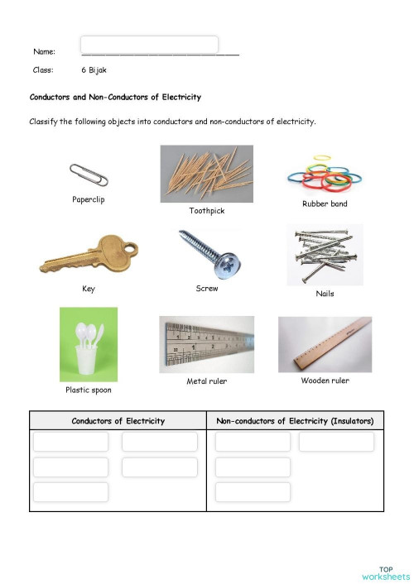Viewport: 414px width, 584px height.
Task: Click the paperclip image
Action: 89,175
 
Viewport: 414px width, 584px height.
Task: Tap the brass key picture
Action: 89,256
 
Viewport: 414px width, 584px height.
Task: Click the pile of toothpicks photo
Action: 206,174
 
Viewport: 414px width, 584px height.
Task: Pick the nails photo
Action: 324,255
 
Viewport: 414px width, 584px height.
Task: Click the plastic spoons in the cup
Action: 89,343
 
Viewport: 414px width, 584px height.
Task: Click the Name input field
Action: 150,45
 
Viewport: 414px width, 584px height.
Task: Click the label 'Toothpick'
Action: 206,211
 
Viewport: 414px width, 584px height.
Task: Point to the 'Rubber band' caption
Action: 325,203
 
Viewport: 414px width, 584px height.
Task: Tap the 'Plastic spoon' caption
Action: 89,390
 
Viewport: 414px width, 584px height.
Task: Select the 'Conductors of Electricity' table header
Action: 118,421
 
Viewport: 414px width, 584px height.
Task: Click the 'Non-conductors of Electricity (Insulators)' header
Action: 295,421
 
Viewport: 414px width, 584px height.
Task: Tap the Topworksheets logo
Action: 386,572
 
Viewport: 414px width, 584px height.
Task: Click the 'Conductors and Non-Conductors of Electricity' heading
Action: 115,98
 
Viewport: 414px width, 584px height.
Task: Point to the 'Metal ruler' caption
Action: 206,381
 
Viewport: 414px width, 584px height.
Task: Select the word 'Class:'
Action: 43,71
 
